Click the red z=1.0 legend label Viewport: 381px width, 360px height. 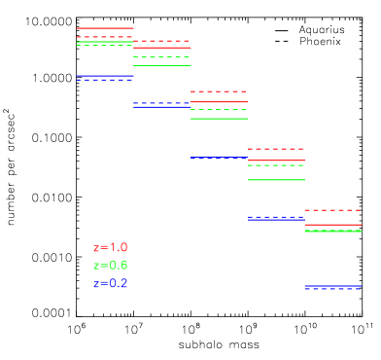click(110, 248)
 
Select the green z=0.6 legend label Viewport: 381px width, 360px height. click(110, 266)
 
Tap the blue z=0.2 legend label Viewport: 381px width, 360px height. click(110, 283)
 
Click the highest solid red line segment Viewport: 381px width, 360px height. click(105, 28)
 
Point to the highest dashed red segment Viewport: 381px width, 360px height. click(105, 37)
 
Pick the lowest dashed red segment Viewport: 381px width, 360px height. click(332, 210)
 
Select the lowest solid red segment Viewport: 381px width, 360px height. click(332, 225)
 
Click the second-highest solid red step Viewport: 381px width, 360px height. click(162, 48)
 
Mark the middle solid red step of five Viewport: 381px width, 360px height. click(219, 101)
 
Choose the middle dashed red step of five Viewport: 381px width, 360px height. click(219, 91)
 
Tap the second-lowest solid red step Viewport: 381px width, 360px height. click(276, 161)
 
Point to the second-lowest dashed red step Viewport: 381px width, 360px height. click(276, 149)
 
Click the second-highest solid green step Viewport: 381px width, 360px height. click(162, 65)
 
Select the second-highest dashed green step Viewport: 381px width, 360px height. click(162, 56)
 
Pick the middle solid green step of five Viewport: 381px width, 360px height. click(219, 119)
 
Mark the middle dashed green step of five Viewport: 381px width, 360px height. click(219, 110)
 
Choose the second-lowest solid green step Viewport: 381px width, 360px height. click(276, 180)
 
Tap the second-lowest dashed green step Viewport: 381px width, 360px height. click(276, 165)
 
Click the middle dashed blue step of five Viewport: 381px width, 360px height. click(219, 158)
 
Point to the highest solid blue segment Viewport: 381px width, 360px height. click(105, 76)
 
